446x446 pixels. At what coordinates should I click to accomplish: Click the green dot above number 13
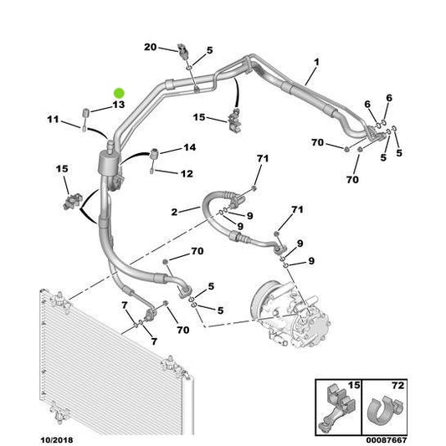click(x=119, y=93)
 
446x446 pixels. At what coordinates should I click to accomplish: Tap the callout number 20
click(x=151, y=47)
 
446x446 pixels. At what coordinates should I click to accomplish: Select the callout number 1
click(x=316, y=62)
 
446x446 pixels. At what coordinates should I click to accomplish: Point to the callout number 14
click(x=190, y=147)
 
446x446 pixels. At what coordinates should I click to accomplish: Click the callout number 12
click(x=187, y=173)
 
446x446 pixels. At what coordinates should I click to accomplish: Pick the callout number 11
click(x=54, y=119)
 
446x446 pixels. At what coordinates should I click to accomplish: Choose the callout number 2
click(x=174, y=212)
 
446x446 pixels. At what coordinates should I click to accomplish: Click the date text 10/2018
click(x=57, y=440)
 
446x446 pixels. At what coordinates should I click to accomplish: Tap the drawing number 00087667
click(x=387, y=440)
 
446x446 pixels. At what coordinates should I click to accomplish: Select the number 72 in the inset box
click(x=397, y=386)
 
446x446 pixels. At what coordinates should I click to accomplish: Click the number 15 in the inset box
click(x=354, y=386)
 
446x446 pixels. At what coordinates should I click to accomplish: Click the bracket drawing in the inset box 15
click(x=337, y=408)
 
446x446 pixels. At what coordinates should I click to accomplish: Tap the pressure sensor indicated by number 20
click(x=182, y=51)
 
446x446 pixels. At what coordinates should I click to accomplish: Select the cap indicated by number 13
click(x=86, y=113)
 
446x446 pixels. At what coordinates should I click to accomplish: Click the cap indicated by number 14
click(x=155, y=154)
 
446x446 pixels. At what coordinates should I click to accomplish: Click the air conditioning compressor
click(x=290, y=314)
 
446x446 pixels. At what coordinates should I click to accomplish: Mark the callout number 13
click(x=119, y=105)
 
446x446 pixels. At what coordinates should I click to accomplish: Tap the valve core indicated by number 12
click(x=151, y=172)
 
